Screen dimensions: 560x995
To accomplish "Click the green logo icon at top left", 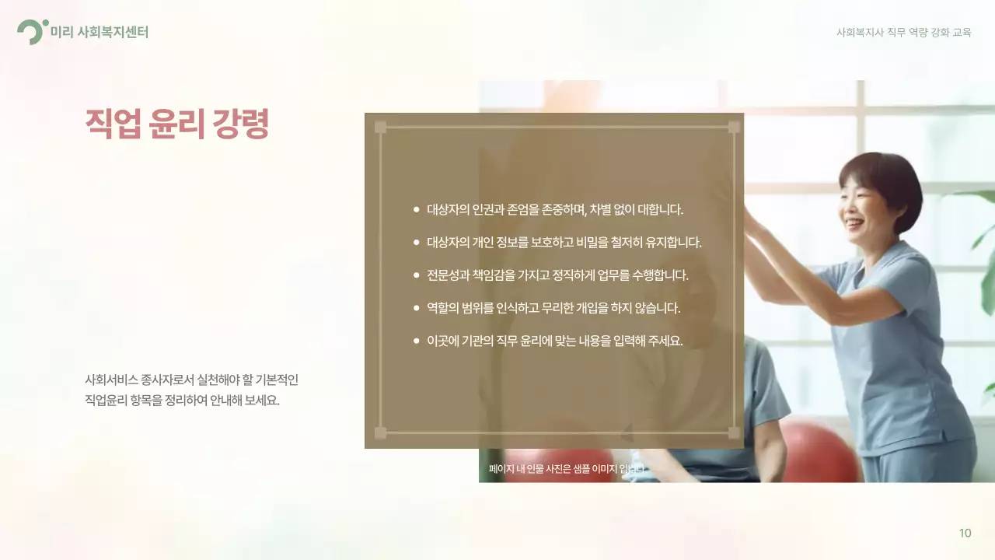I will [x=31, y=32].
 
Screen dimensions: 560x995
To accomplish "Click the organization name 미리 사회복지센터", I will [x=99, y=32].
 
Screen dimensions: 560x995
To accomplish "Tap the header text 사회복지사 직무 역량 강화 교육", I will [x=903, y=33].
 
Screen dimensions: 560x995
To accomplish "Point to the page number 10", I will [x=965, y=533].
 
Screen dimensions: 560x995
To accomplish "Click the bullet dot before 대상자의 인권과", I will [x=416, y=209].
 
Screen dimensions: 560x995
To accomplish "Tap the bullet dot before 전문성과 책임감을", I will [x=416, y=275].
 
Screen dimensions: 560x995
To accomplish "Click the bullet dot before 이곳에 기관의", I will [x=416, y=341].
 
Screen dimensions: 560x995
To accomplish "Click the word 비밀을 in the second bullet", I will [x=595, y=242].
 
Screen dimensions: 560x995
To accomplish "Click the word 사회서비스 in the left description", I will [x=112, y=380].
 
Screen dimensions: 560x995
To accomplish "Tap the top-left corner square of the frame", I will [x=380, y=127].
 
